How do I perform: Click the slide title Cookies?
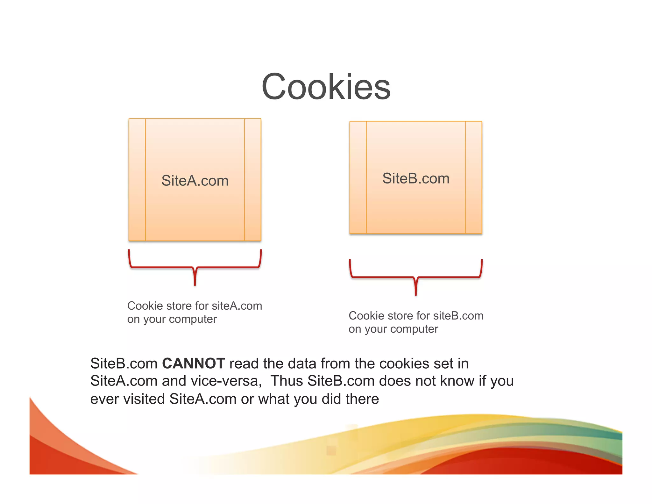pos(326,87)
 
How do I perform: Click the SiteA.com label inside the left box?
pos(195,181)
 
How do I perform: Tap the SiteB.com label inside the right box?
pos(416,178)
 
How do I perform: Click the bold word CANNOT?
pos(194,364)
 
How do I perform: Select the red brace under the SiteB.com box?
pos(416,277)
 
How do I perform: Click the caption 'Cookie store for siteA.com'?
pos(195,306)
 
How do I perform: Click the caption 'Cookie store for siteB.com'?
pos(416,316)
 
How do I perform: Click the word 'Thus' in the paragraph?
pos(287,381)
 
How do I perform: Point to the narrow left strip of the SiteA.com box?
pos(137,180)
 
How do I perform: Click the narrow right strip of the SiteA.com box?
pos(253,180)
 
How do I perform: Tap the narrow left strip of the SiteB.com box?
pos(358,177)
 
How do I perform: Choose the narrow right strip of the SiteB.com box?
pos(474,177)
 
